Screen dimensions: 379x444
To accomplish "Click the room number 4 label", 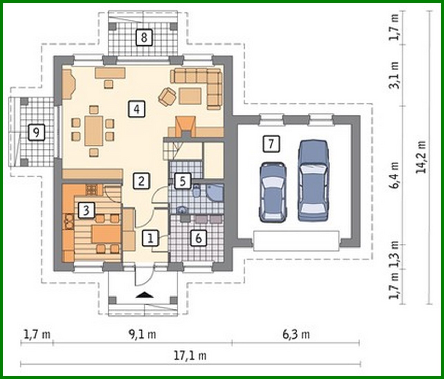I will click(x=137, y=109).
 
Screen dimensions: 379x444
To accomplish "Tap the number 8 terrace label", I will click(x=144, y=37).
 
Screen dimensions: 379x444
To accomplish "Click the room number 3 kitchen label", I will click(x=86, y=210).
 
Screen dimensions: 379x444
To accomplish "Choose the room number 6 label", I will click(x=199, y=238).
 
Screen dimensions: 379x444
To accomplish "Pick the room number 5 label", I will click(x=183, y=181).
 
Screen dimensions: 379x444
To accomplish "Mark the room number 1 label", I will click(x=150, y=238).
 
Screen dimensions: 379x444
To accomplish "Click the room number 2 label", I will click(x=141, y=181).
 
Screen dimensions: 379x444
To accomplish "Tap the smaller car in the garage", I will click(x=273, y=192).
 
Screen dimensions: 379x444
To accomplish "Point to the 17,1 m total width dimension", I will click(x=190, y=355).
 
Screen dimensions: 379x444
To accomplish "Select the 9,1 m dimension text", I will click(x=142, y=334).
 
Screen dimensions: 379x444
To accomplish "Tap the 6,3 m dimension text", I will click(x=296, y=334).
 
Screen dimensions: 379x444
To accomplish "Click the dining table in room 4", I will click(x=94, y=130).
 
